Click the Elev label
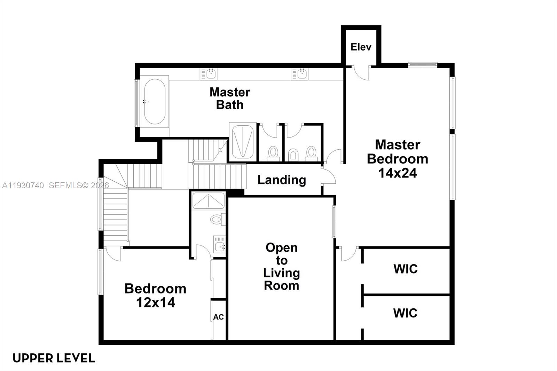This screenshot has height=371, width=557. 361,47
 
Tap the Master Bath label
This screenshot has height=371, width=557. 230,98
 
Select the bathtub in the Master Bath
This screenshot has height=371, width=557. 155,102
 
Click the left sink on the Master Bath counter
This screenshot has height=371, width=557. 210,74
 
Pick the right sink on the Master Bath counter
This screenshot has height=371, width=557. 301,74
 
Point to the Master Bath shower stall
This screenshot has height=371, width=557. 243,142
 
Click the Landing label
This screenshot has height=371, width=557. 282,180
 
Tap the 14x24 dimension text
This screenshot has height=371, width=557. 398,173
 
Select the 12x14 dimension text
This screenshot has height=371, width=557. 155,303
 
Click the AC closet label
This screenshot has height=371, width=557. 218,317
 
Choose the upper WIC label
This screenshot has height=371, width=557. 406,269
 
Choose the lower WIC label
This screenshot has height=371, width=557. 405,313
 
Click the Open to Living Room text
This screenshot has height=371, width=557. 281,267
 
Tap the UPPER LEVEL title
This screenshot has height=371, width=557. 54,358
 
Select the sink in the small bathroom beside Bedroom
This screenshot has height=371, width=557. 219,246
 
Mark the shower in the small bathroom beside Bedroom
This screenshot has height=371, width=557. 209,201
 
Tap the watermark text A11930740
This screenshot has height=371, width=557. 23,185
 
